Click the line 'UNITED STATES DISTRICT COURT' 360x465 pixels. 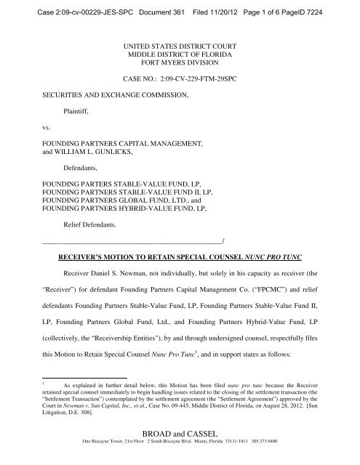click(180, 46)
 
